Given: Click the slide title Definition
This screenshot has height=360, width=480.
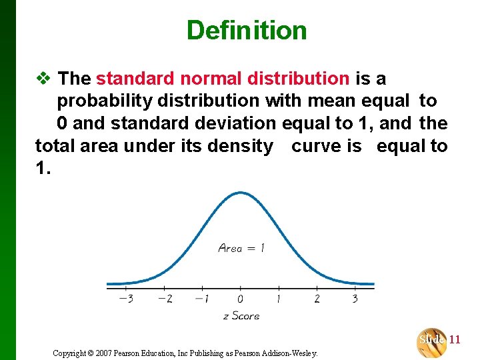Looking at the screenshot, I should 247,30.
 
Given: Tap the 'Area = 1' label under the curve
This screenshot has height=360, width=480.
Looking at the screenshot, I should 241,249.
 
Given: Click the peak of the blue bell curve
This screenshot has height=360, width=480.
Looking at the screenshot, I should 240,193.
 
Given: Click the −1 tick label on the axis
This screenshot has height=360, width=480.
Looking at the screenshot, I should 201,299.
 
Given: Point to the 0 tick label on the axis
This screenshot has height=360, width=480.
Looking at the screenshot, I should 240,299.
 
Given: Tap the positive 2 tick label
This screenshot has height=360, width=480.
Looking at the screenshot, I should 317,299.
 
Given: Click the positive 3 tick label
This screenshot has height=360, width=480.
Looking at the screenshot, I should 355,299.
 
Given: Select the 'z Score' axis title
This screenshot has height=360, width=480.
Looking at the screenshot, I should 241,315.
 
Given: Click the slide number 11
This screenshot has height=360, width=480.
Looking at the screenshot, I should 455,340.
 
